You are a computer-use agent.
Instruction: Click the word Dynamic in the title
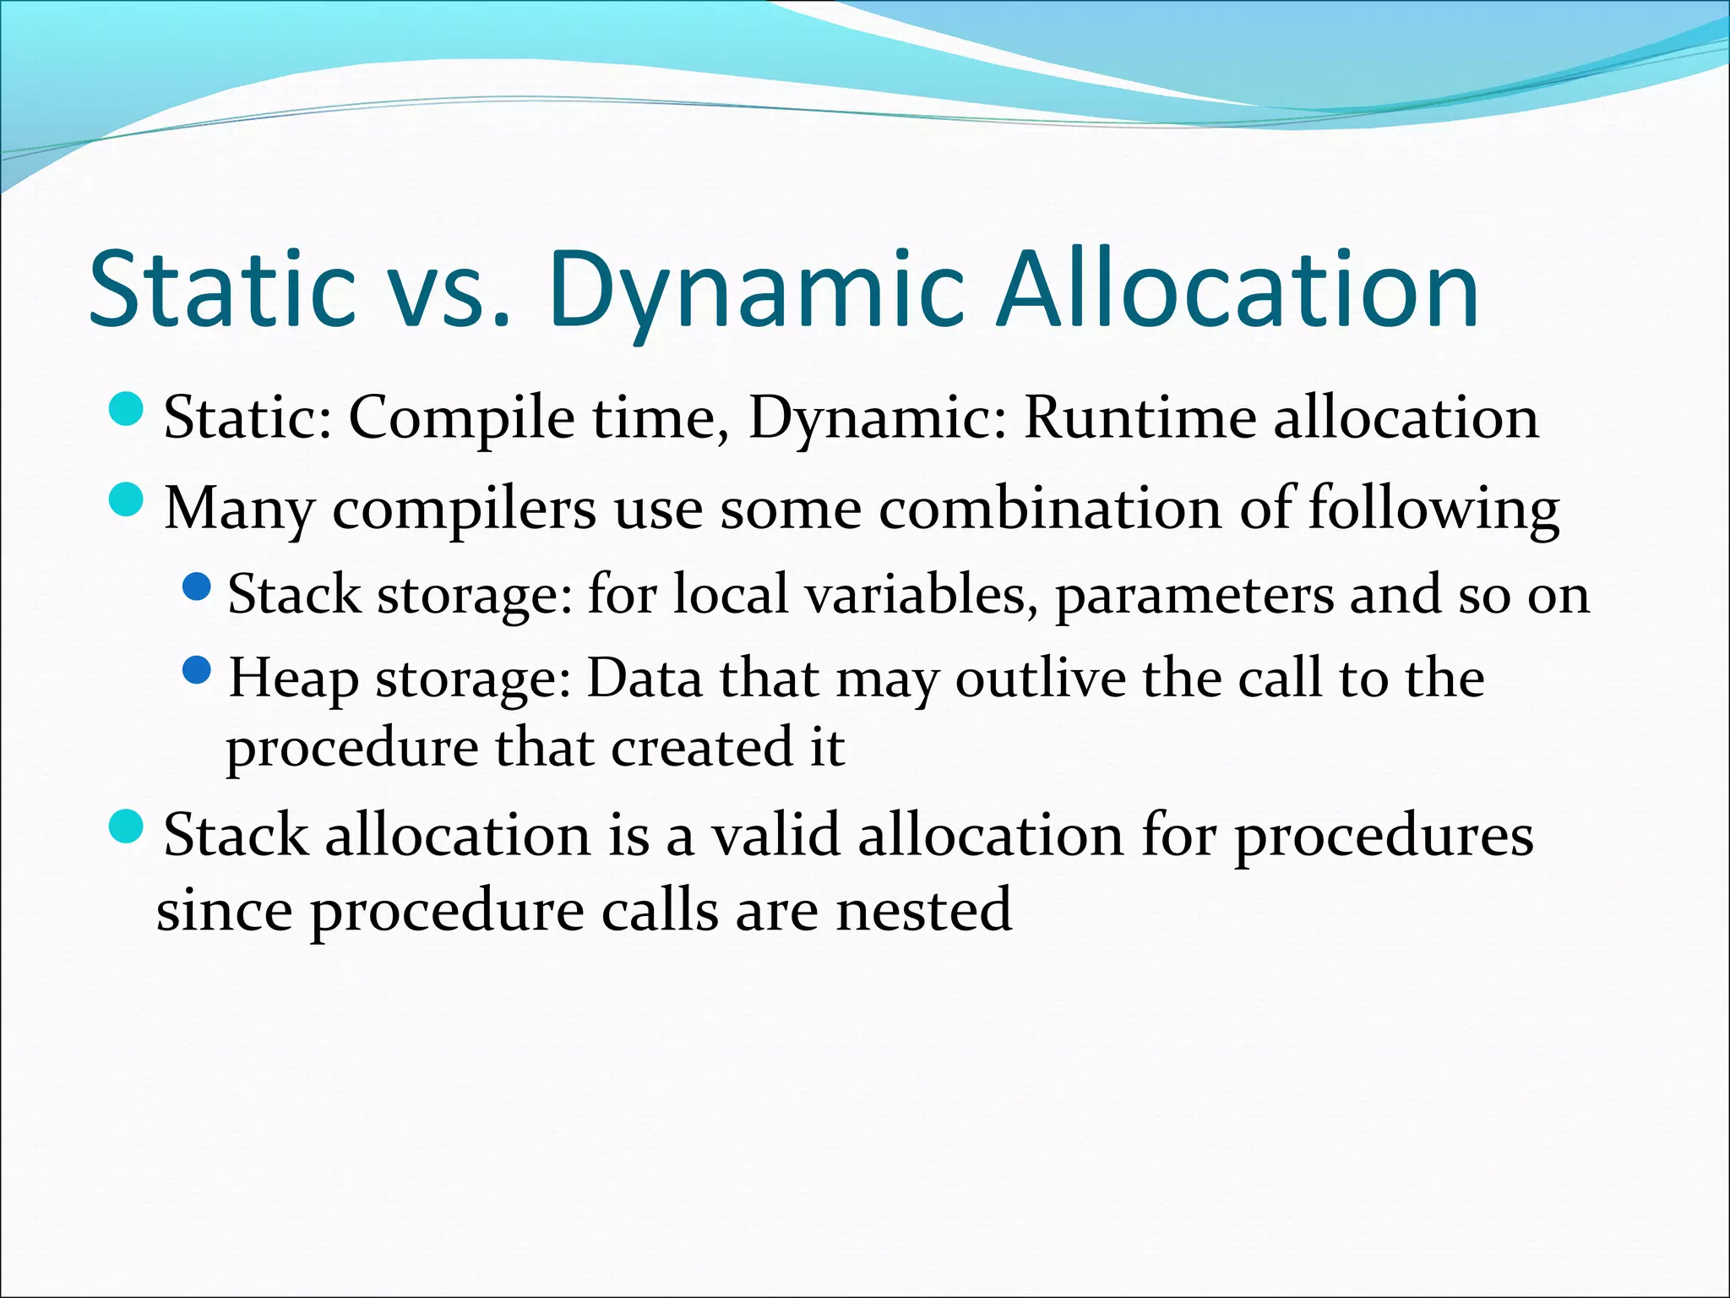756,292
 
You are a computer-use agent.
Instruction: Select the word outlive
1041,679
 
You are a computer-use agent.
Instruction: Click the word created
692,748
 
